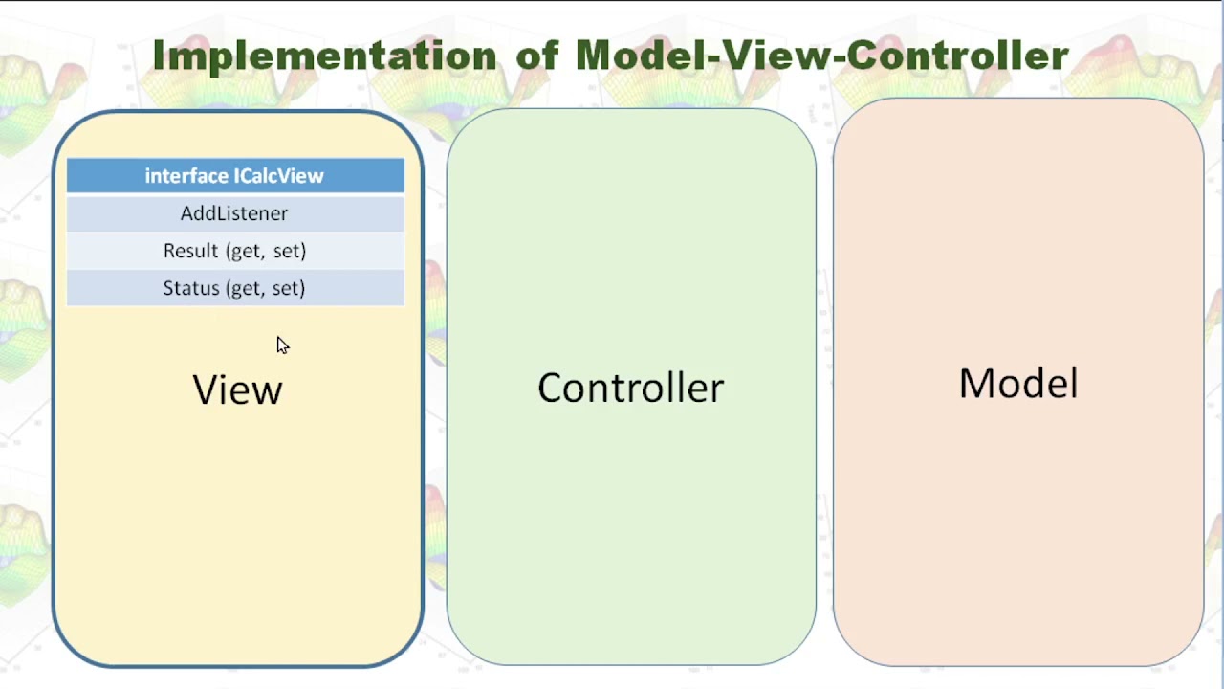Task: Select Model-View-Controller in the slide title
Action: tap(821, 56)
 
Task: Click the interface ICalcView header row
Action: tap(234, 176)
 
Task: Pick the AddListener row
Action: tap(234, 213)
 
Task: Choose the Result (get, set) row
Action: tap(234, 251)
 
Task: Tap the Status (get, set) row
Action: tap(234, 288)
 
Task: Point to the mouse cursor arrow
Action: tap(281, 344)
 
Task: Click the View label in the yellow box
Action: tap(237, 390)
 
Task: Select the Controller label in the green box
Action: tap(630, 388)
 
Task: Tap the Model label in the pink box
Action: tap(1018, 384)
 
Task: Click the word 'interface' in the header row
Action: tap(186, 176)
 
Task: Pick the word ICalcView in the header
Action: tap(279, 176)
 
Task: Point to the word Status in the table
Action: tap(191, 288)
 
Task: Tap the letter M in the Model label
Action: tap(976, 384)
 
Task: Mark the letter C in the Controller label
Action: tap(552, 388)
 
